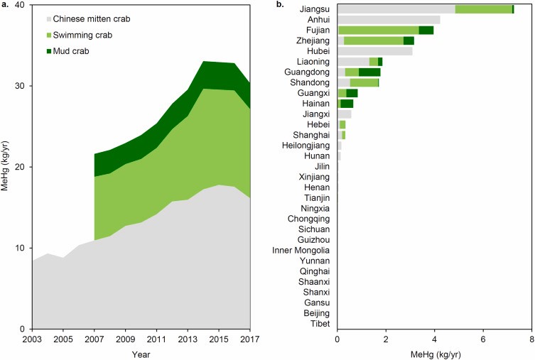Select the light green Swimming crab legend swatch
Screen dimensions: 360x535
point(48,34)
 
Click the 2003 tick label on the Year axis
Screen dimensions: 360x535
point(32,339)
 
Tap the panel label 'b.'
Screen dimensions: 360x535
point(280,5)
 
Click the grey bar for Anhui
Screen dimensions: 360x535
point(389,20)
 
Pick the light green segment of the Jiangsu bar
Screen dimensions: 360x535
point(483,9)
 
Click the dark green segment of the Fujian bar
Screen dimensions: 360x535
point(426,30)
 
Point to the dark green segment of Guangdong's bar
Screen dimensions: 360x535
point(369,72)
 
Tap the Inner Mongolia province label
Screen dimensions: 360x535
point(301,250)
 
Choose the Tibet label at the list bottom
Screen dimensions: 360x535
point(320,323)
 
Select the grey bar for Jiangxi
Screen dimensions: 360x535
point(345,114)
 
